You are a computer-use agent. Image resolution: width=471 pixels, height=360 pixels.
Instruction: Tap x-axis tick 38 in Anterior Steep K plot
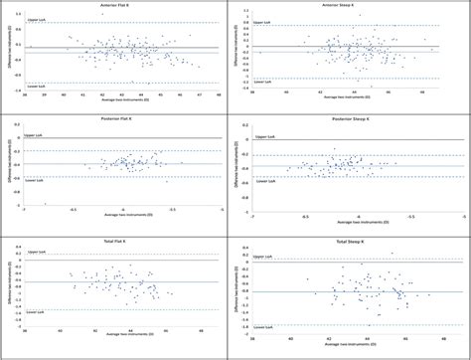(252, 94)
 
